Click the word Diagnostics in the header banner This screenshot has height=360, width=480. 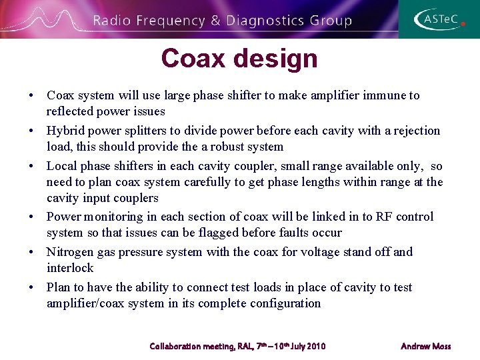pyautogui.click(x=265, y=21)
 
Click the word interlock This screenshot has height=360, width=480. pyautogui.click(x=70, y=268)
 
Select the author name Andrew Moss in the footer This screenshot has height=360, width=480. pyautogui.click(x=425, y=346)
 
